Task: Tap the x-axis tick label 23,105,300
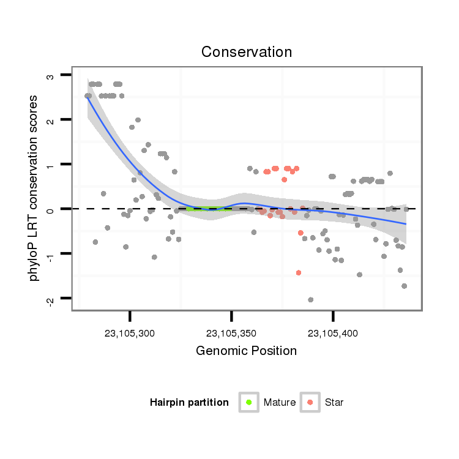(130, 334)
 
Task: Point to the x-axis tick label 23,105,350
(231, 334)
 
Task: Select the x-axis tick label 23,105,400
(333, 334)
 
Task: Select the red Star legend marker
(310, 402)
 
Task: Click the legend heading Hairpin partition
(189, 403)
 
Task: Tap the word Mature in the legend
(280, 403)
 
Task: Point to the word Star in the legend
(334, 403)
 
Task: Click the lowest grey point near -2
(311, 299)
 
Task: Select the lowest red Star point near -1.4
(299, 272)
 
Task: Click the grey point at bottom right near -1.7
(404, 286)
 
